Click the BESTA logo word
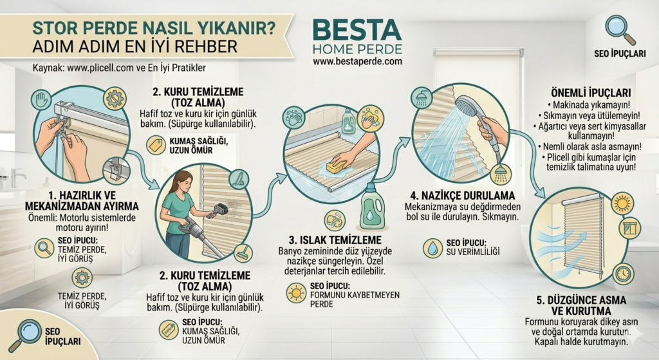[x=357, y=29]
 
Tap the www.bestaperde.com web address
[x=357, y=61]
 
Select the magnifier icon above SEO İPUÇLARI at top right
[x=620, y=29]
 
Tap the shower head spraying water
[x=469, y=106]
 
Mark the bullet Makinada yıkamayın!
[x=591, y=104]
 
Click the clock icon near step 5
[x=623, y=274]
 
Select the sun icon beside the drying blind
[x=622, y=202]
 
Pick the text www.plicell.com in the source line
[x=95, y=67]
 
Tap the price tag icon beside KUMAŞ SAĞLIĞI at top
[x=155, y=145]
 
